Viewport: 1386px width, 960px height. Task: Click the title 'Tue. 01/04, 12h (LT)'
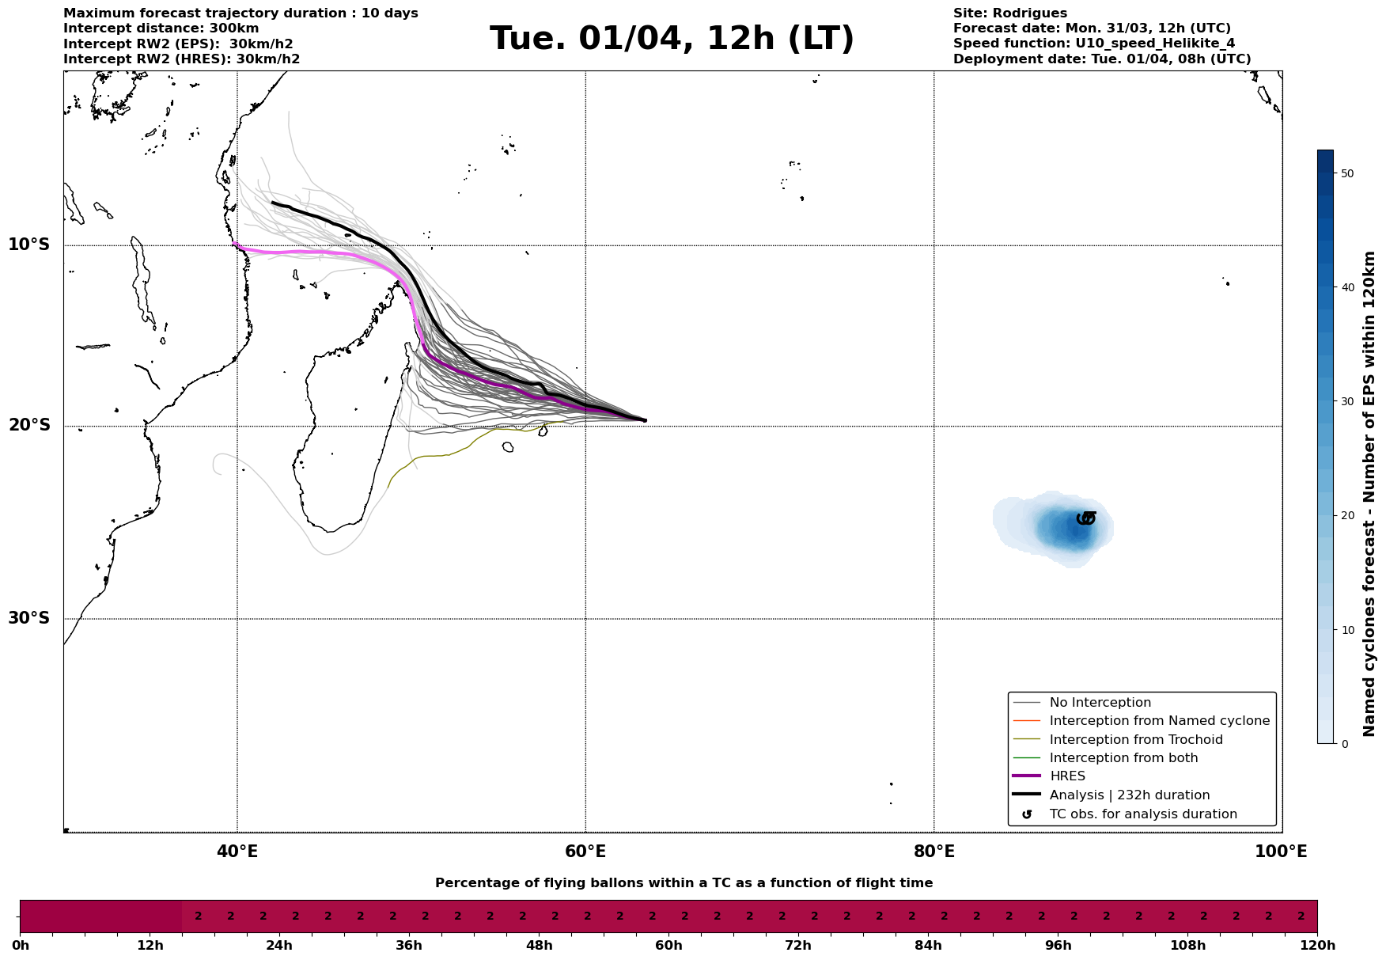pos(672,39)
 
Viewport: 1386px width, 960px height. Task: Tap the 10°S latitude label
pos(29,245)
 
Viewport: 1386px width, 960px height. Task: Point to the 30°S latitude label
pos(29,618)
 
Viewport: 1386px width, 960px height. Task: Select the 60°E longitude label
pos(585,852)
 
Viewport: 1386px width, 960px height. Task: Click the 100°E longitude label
pos(1281,852)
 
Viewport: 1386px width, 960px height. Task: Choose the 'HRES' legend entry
pos(1067,776)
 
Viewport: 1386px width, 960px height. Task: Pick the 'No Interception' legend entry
pos(1100,703)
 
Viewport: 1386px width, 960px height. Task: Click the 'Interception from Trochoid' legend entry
pos(1135,740)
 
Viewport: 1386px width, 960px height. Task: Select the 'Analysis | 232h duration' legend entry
pos(1129,795)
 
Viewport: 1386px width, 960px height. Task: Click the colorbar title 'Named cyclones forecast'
pos(1370,494)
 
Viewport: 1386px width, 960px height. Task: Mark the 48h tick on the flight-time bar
pos(539,945)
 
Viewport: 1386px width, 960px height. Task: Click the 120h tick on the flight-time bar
pos(1316,945)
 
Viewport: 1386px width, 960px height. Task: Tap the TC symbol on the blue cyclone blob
pos(1086,518)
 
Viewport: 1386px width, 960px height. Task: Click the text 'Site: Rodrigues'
pos(1009,13)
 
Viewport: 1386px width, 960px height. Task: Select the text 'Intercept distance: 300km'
pos(161,28)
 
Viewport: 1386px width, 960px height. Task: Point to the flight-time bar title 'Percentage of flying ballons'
pos(684,883)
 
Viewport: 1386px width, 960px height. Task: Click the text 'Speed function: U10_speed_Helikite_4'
pos(1093,44)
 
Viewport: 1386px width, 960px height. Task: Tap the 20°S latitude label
pos(29,426)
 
